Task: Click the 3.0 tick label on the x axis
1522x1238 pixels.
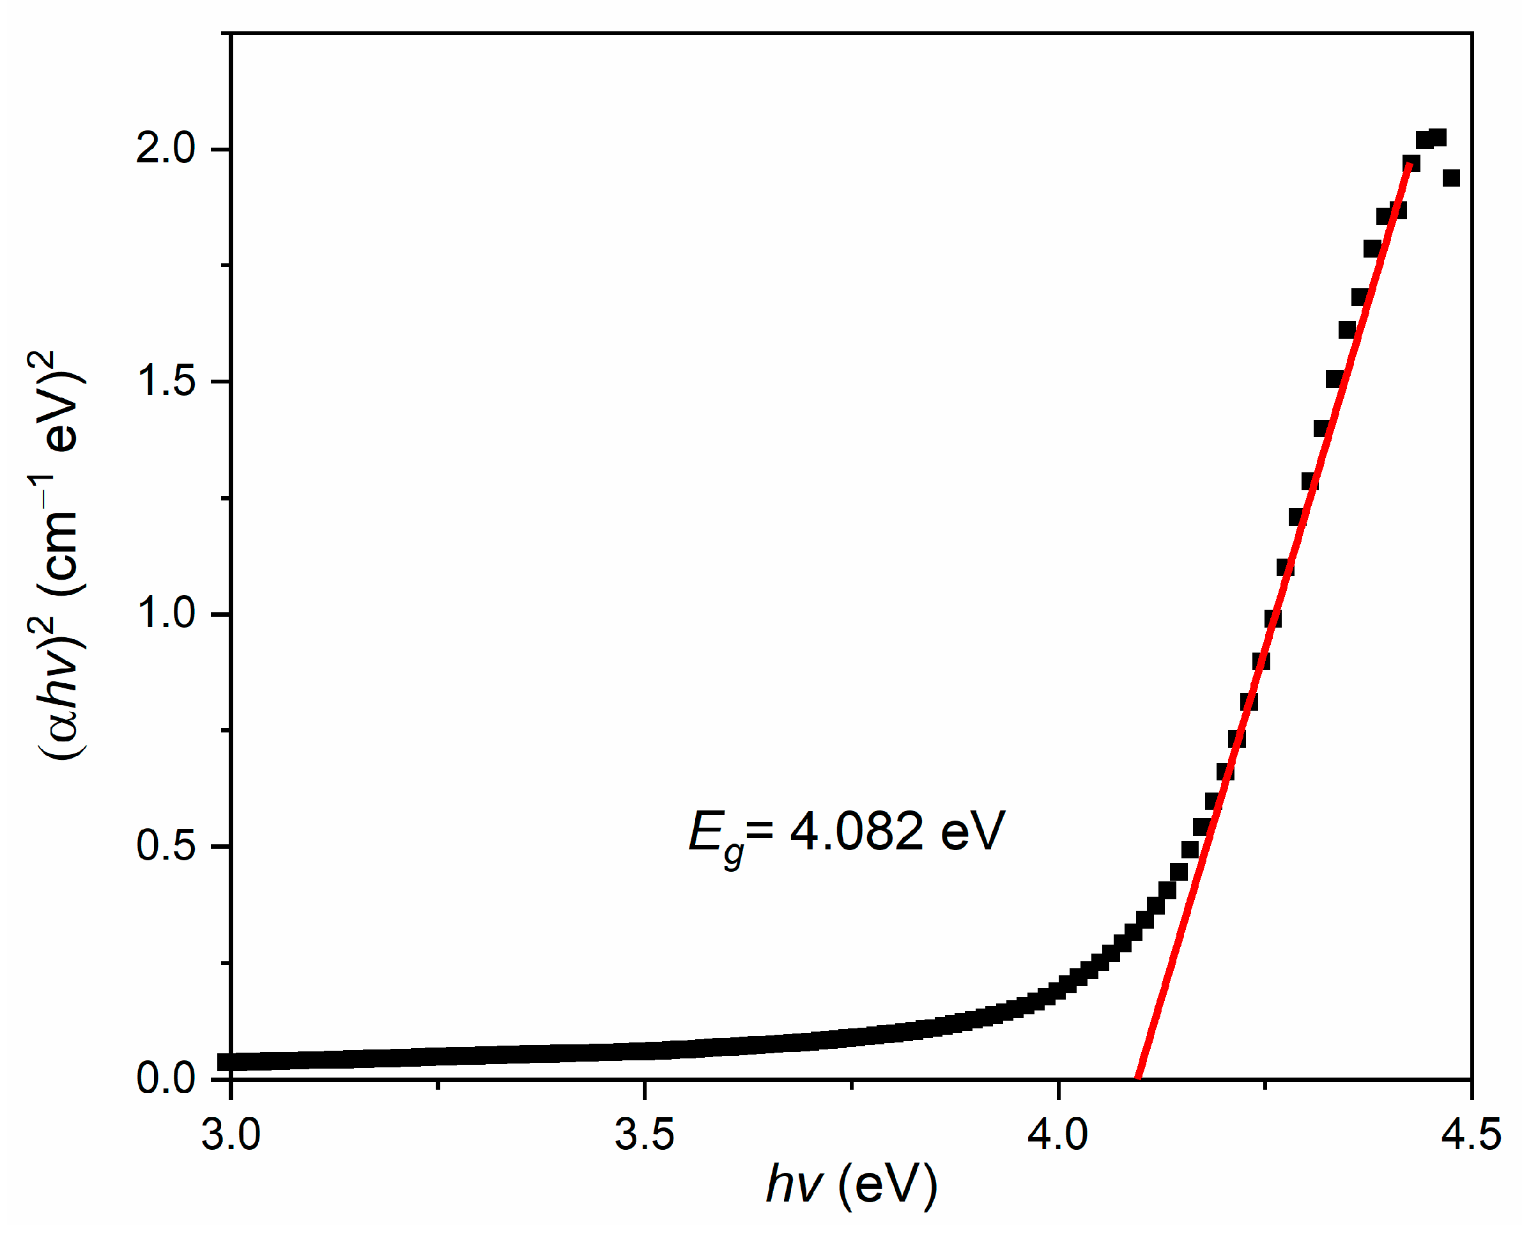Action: click(x=230, y=1134)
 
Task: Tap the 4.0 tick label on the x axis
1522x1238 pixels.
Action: click(x=1057, y=1134)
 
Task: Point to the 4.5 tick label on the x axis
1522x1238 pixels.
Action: click(x=1471, y=1134)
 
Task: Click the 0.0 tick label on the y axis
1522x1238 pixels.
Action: click(x=165, y=1078)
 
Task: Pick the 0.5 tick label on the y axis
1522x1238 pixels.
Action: click(x=165, y=846)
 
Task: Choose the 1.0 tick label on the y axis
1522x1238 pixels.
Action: click(x=165, y=614)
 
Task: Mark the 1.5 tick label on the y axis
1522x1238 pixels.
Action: click(x=165, y=382)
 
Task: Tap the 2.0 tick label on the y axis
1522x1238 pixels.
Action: click(x=165, y=149)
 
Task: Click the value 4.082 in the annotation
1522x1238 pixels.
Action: click(x=856, y=832)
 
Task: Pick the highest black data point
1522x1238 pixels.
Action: click(x=1438, y=137)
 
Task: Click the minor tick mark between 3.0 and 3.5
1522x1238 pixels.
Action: click(x=438, y=1085)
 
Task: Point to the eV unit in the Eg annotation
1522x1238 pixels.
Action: click(x=972, y=832)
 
